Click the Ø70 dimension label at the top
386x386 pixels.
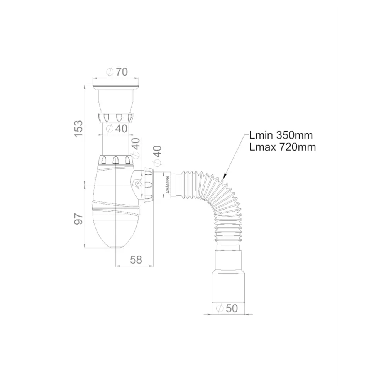(117, 72)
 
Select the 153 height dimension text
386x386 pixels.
(79, 129)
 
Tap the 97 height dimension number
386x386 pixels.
(79, 219)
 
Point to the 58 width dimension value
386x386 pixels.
(136, 260)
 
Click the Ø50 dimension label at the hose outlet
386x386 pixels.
(227, 308)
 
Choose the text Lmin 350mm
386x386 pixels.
(281, 135)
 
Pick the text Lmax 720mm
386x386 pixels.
(283, 147)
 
